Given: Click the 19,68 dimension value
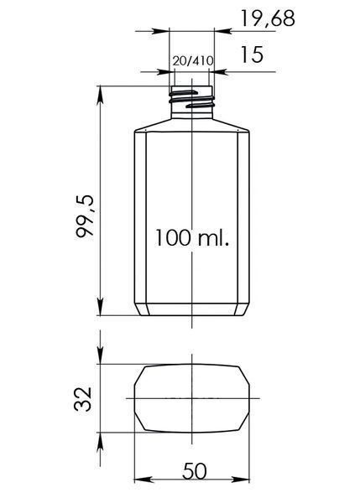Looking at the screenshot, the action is [267, 18].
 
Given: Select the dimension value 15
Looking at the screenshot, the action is [252, 54].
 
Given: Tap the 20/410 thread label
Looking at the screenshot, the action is [192, 61].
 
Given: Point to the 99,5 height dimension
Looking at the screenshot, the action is [85, 216].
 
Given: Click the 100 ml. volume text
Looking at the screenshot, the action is [192, 238].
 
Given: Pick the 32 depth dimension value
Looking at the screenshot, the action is [83, 399].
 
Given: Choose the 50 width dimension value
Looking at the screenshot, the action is [195, 471].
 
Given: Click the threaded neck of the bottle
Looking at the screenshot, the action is [191, 102].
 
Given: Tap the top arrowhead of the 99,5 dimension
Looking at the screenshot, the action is [100, 96].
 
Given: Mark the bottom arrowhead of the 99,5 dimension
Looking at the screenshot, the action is [100, 306].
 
